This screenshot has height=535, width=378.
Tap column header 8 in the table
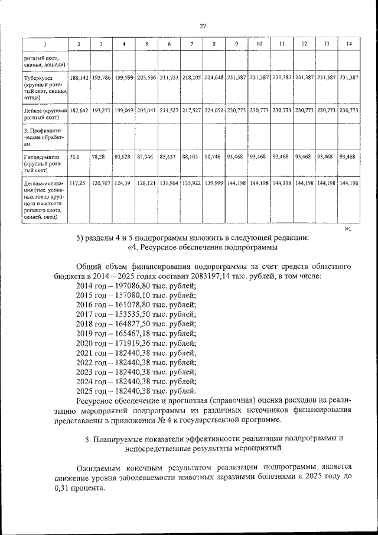[x=214, y=44]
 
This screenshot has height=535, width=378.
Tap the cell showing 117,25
[x=77, y=184]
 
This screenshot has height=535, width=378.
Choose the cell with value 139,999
[x=214, y=184]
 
